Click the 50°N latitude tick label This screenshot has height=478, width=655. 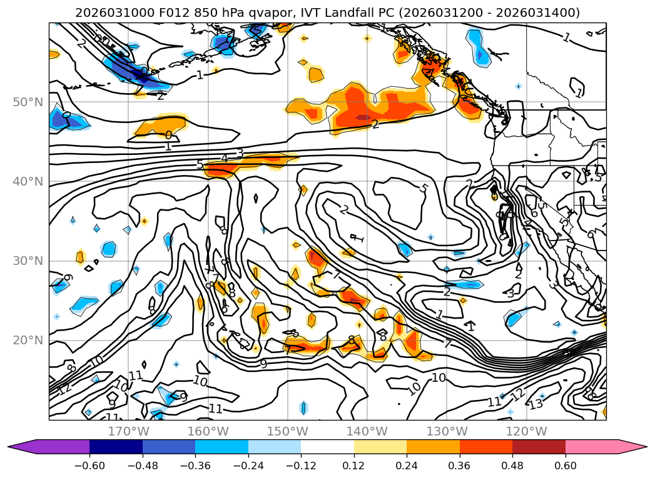click(x=27, y=102)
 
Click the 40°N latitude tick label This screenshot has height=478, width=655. click(x=27, y=182)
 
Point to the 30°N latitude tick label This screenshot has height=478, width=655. click(x=27, y=261)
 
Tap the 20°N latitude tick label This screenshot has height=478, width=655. click(x=27, y=341)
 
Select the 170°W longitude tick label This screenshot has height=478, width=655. click(x=128, y=431)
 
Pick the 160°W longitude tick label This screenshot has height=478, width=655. click(x=208, y=431)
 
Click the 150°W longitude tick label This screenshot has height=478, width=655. click(x=287, y=431)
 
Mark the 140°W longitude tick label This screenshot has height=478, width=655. click(x=367, y=431)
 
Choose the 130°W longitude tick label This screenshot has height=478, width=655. click(x=446, y=431)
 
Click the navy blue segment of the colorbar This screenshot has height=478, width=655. click(x=116, y=447)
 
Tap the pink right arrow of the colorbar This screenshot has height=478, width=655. click(x=632, y=447)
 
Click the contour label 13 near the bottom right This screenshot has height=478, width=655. click(x=536, y=404)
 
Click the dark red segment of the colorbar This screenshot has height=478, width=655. click(x=539, y=447)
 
